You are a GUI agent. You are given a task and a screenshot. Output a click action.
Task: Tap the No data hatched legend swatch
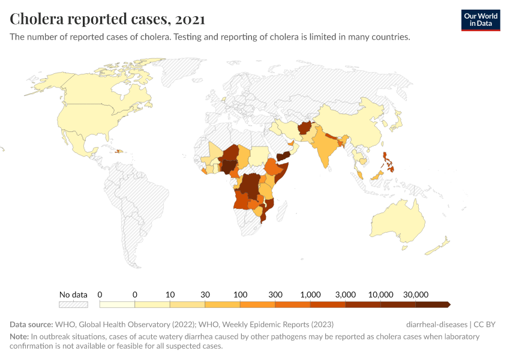(73, 304)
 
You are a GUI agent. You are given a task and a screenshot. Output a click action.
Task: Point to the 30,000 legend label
(415, 295)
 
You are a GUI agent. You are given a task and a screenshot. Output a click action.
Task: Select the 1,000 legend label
(311, 295)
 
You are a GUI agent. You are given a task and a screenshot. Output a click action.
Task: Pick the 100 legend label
(241, 295)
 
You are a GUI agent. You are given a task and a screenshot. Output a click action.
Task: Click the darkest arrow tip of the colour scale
(448, 304)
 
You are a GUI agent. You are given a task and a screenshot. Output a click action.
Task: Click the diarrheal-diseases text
(436, 325)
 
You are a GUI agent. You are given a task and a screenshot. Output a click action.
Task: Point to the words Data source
(31, 325)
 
